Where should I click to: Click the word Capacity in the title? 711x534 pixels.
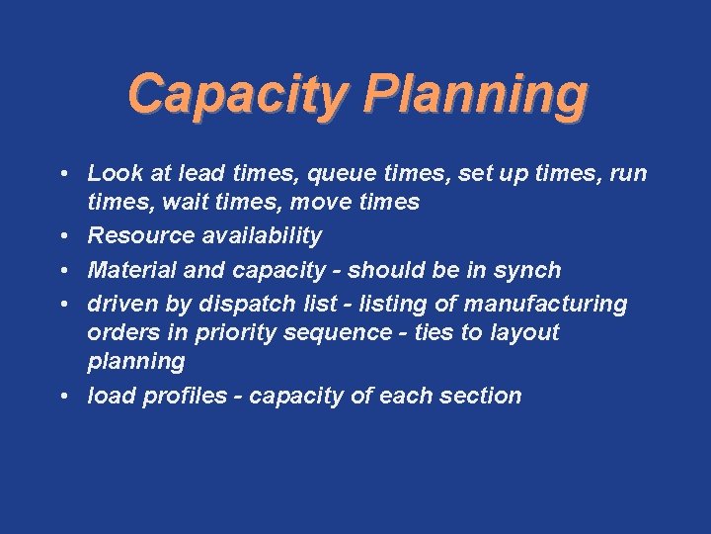click(x=238, y=96)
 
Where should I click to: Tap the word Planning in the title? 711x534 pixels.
click(x=475, y=96)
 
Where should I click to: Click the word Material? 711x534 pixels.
click(x=127, y=270)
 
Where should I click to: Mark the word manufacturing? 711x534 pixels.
click(x=546, y=303)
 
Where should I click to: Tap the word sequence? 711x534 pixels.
click(x=342, y=332)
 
